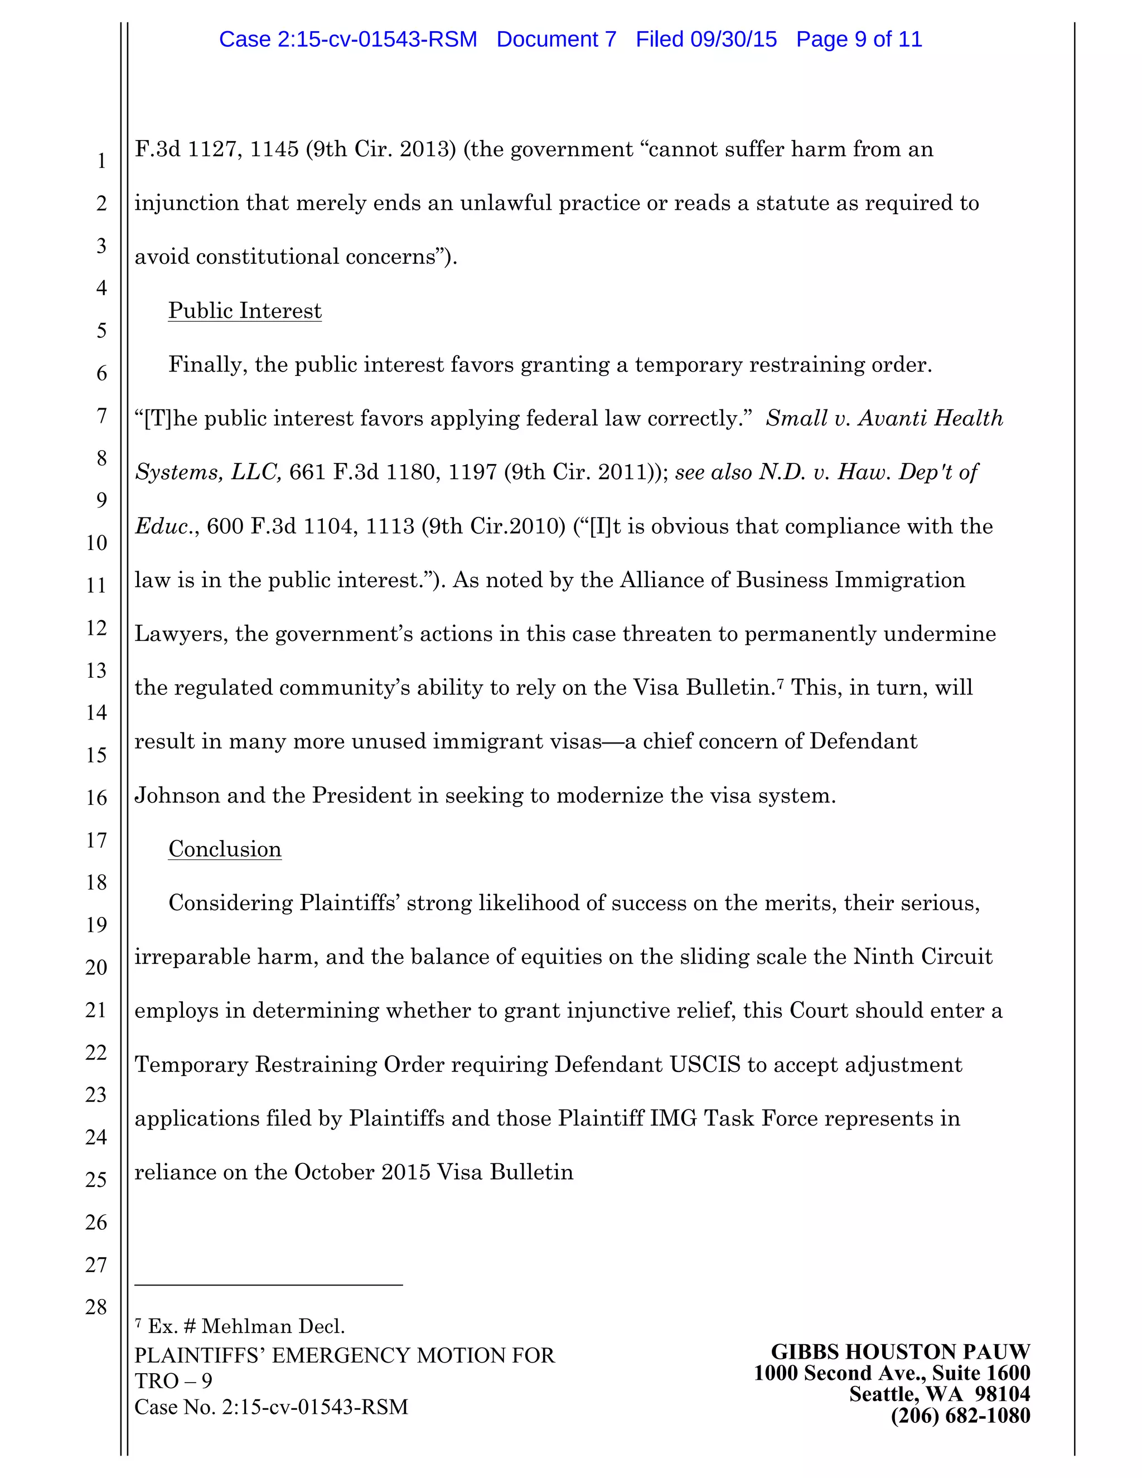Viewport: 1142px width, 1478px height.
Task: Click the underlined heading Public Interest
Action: point(245,311)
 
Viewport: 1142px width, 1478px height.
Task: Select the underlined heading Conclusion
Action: point(225,849)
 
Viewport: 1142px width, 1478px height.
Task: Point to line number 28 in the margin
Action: point(96,1306)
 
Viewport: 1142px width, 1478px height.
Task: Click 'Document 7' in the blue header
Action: point(556,39)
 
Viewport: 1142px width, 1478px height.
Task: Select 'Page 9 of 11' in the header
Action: point(859,39)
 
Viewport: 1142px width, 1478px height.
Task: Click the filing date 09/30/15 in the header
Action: point(733,39)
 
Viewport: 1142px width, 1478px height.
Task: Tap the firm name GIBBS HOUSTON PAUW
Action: point(900,1351)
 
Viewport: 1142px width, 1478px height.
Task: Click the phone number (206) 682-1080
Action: point(960,1415)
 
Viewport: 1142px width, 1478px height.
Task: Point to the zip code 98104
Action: point(1003,1394)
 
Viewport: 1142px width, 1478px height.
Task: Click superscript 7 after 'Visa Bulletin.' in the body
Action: point(780,684)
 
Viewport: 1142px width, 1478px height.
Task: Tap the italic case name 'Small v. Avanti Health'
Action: point(884,418)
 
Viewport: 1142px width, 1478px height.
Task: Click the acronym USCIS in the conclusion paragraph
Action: point(705,1065)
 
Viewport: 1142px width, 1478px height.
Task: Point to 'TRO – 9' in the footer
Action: point(173,1380)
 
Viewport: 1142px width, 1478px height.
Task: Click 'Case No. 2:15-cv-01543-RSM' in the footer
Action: point(272,1407)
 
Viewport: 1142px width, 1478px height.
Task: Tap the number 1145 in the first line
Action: point(274,149)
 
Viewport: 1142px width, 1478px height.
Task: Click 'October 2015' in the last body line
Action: point(362,1172)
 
